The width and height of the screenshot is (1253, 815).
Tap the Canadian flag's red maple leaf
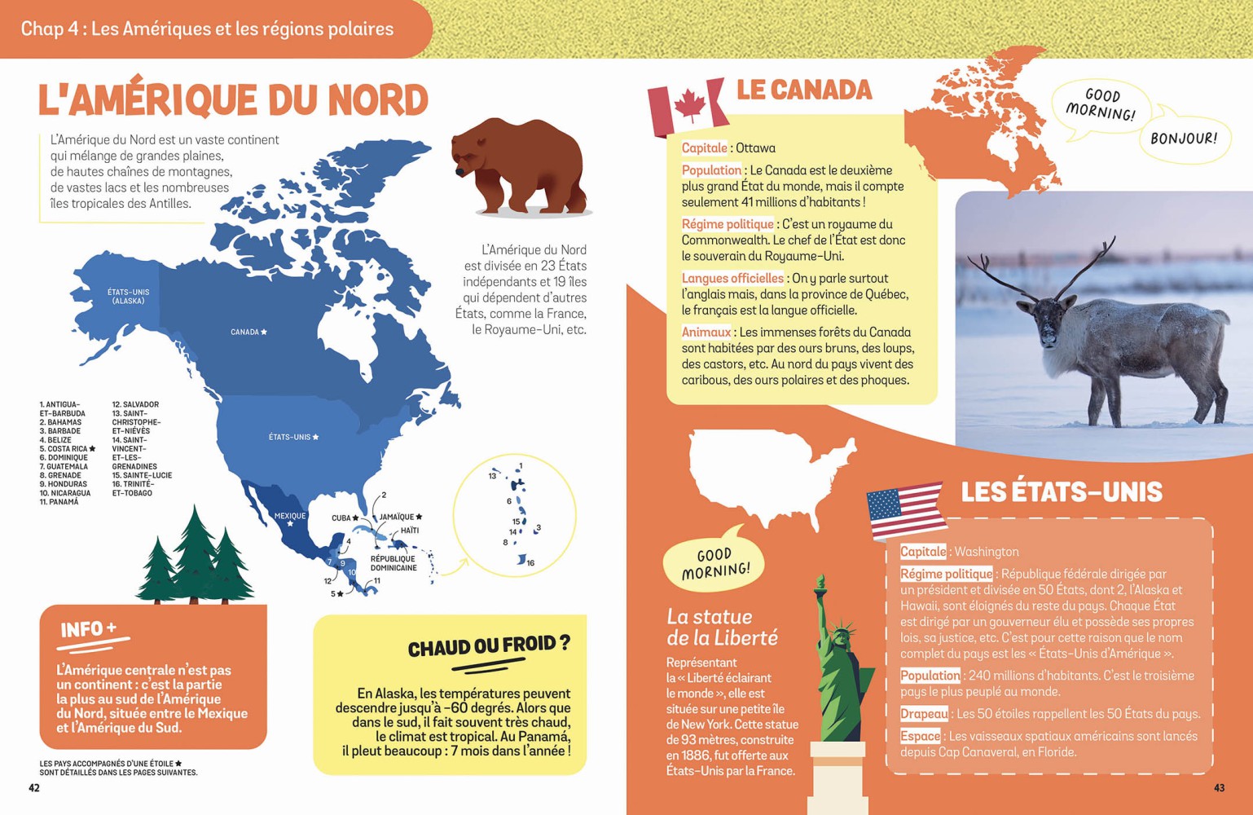[x=690, y=107]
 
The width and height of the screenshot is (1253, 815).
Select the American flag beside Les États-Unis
[x=905, y=509]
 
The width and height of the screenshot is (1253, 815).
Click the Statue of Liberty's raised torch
[x=820, y=584]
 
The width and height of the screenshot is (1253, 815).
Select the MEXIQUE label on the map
[x=289, y=516]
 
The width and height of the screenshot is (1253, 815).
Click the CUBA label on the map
[x=341, y=518]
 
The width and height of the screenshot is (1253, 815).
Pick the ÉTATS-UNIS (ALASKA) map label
[x=129, y=296]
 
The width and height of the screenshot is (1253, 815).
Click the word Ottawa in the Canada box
[x=755, y=148]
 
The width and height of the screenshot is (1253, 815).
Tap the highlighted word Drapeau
[x=924, y=714]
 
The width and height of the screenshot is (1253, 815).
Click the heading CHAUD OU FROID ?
[x=488, y=647]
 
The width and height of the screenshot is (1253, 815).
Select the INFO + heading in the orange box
[x=89, y=629]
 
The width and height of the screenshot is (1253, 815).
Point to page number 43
[x=1219, y=787]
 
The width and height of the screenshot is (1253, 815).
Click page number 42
[x=34, y=787]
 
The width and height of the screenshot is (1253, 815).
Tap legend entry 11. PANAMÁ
[x=59, y=502]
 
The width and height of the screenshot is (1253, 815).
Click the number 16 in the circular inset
[x=530, y=563]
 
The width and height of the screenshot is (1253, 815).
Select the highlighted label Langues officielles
[x=732, y=279]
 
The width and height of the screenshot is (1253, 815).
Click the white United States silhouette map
[x=766, y=473]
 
